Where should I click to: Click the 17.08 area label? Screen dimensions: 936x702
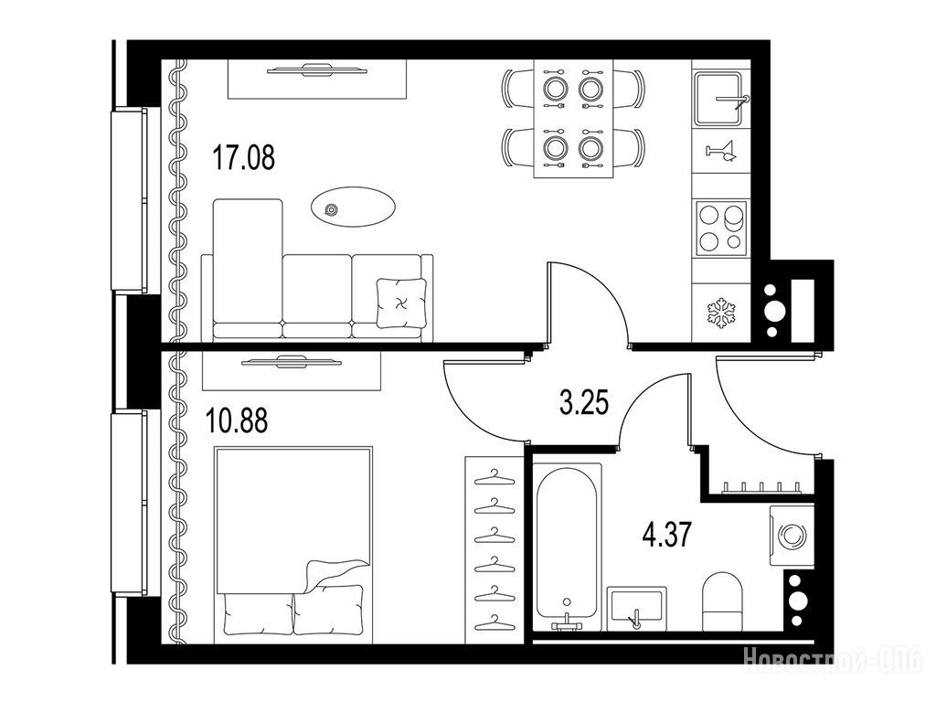[x=243, y=158]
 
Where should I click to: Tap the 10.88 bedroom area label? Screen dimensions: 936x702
[x=237, y=420]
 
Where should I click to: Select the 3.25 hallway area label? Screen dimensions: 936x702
[x=584, y=402]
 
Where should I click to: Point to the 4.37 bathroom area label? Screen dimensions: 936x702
[x=667, y=535]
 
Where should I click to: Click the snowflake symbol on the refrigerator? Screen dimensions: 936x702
[x=721, y=314]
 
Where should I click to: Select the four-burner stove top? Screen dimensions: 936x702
[x=722, y=227]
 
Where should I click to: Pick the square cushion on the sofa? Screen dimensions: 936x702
[x=401, y=303]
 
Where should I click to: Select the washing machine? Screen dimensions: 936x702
[x=792, y=535]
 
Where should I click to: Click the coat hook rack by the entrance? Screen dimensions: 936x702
[x=761, y=489]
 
